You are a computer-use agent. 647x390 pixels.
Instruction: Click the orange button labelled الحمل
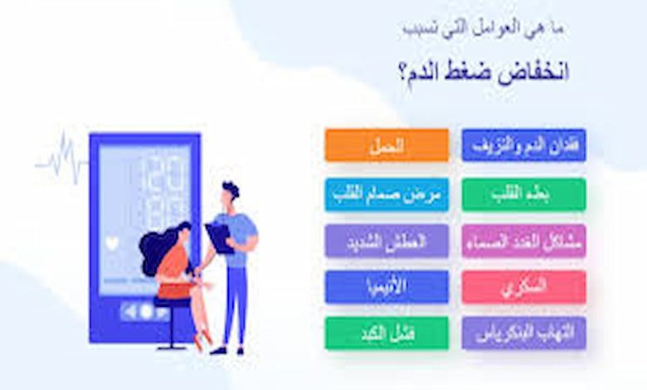coord(387,145)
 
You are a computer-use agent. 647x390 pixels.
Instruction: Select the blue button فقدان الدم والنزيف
coord(523,145)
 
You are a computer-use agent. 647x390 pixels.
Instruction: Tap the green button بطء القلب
coord(523,193)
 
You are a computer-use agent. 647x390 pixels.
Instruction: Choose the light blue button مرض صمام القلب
coord(387,193)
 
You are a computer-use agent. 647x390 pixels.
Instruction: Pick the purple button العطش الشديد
coord(387,241)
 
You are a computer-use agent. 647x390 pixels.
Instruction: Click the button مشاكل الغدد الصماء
coord(523,241)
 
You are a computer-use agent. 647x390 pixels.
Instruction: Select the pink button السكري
coord(523,286)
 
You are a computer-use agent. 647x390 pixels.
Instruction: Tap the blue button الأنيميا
coord(387,286)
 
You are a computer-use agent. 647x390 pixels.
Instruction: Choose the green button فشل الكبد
coord(387,333)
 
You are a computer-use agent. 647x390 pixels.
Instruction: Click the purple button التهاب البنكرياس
coord(523,333)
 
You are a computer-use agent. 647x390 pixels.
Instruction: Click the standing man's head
coord(230,193)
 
